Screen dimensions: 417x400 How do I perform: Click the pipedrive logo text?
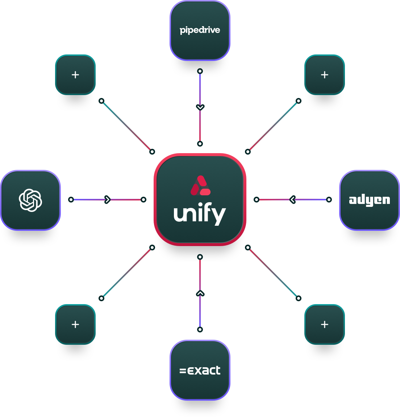[x=200, y=30]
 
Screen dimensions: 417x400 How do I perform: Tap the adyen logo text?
[x=369, y=200]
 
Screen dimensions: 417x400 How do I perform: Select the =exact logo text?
[x=200, y=370]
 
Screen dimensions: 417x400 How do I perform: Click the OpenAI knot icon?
[x=30, y=200]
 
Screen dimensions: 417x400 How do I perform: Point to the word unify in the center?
[x=200, y=214]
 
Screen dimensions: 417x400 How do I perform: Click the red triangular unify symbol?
[x=200, y=185]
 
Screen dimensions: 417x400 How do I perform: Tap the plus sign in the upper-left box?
[x=75, y=75]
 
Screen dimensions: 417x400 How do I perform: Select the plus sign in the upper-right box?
[x=325, y=75]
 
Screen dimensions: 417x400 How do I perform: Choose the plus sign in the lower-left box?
[x=75, y=324]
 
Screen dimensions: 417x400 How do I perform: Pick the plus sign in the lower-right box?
[x=325, y=324]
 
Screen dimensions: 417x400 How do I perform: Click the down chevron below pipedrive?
[x=200, y=107]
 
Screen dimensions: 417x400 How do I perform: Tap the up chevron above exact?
[x=200, y=293]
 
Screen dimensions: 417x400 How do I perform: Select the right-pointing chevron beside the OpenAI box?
[x=107, y=200]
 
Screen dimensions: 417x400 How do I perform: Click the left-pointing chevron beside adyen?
[x=293, y=199]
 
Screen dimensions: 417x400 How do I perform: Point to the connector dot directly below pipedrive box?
[x=200, y=71]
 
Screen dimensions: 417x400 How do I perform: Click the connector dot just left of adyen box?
[x=329, y=200]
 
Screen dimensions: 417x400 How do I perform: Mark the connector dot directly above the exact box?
[x=200, y=330]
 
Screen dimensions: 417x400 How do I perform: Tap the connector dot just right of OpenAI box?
[x=71, y=200]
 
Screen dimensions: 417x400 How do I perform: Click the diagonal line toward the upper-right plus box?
[x=273, y=126]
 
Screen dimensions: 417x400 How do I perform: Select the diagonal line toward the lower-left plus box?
[x=127, y=273]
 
